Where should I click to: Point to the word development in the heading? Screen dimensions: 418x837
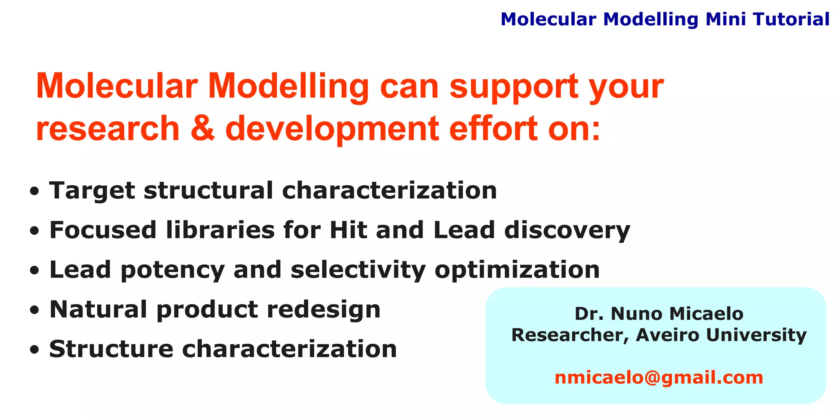point(332,129)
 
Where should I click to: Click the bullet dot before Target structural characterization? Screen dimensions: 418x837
point(35,191)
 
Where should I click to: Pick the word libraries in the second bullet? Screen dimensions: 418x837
point(220,230)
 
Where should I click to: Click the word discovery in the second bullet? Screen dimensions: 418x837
point(567,231)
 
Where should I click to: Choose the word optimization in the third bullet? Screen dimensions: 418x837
point(517,270)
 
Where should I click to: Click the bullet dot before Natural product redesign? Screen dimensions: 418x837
point(35,310)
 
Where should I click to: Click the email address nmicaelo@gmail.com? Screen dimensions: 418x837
point(658,378)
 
